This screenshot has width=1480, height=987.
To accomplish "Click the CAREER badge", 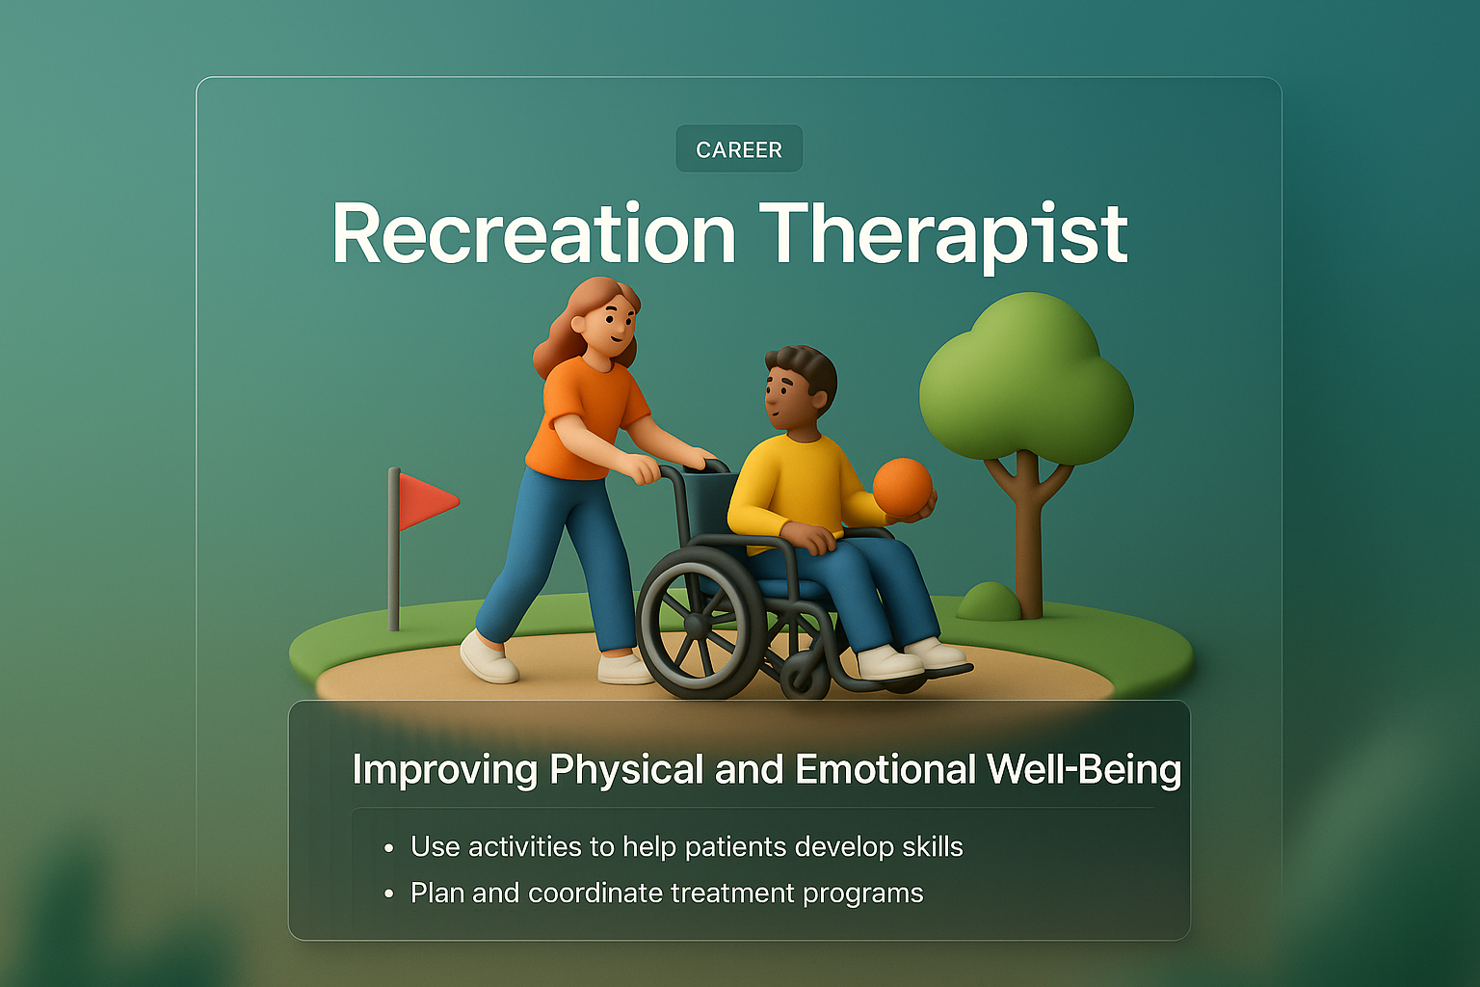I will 739,149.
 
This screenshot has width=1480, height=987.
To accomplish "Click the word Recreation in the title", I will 534,234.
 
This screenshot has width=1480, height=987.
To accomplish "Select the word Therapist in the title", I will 943,234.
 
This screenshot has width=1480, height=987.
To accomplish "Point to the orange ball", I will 902,488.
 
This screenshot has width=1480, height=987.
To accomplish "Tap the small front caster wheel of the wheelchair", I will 806,675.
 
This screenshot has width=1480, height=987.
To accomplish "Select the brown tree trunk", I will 1029,540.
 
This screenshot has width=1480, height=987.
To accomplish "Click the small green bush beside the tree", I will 988,603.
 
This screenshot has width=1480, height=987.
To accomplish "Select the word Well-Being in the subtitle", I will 1084,769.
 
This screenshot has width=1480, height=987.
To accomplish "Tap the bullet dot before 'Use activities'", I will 388,848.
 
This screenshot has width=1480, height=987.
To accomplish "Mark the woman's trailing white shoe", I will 489,659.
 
